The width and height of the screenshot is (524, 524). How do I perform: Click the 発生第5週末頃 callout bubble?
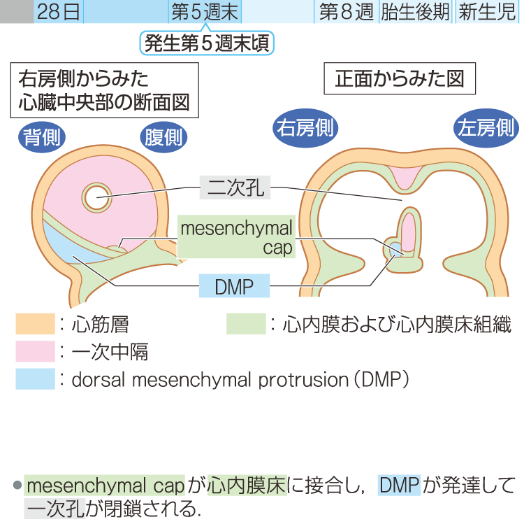click(208, 43)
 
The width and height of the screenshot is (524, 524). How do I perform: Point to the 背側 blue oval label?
click(42, 136)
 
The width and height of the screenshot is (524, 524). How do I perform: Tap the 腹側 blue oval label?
click(163, 136)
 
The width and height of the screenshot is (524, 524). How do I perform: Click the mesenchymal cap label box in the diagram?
click(236, 237)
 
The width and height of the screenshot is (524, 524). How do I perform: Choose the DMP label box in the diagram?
click(234, 285)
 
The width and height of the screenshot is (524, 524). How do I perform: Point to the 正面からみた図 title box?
click(400, 80)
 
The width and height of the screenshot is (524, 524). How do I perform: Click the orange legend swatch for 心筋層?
click(35, 324)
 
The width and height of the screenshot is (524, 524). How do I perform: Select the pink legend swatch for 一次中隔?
click(35, 351)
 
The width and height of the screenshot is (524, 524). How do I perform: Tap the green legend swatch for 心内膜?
click(246, 324)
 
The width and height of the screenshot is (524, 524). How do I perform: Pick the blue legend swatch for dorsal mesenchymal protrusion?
click(35, 378)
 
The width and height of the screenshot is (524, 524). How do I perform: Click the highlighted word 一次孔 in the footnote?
click(55, 509)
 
